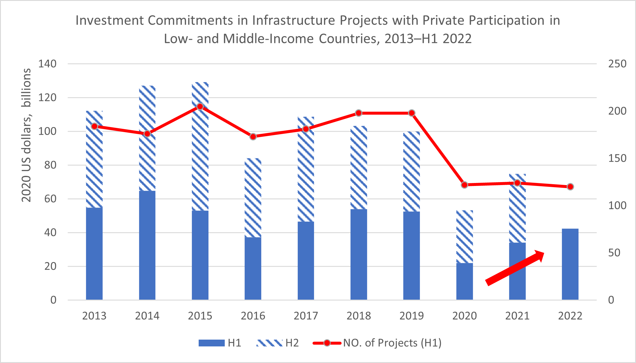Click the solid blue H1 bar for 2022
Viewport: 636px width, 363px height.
[570, 264]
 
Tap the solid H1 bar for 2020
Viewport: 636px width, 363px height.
[464, 281]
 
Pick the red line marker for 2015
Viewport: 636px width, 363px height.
[200, 107]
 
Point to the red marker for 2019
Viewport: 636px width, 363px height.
[412, 113]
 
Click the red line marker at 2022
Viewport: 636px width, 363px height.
[570, 187]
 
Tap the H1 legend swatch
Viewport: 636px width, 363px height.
[211, 343]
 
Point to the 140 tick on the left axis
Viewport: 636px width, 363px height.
[47, 64]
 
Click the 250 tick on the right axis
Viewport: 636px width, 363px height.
[617, 64]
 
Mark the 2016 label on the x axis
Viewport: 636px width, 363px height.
[253, 316]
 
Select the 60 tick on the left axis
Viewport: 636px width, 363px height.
[50, 199]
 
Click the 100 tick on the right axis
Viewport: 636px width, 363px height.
[617, 205]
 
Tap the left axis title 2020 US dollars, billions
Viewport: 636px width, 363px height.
[26, 135]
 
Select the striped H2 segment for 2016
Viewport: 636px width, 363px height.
[253, 198]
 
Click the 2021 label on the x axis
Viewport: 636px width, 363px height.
[517, 316]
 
